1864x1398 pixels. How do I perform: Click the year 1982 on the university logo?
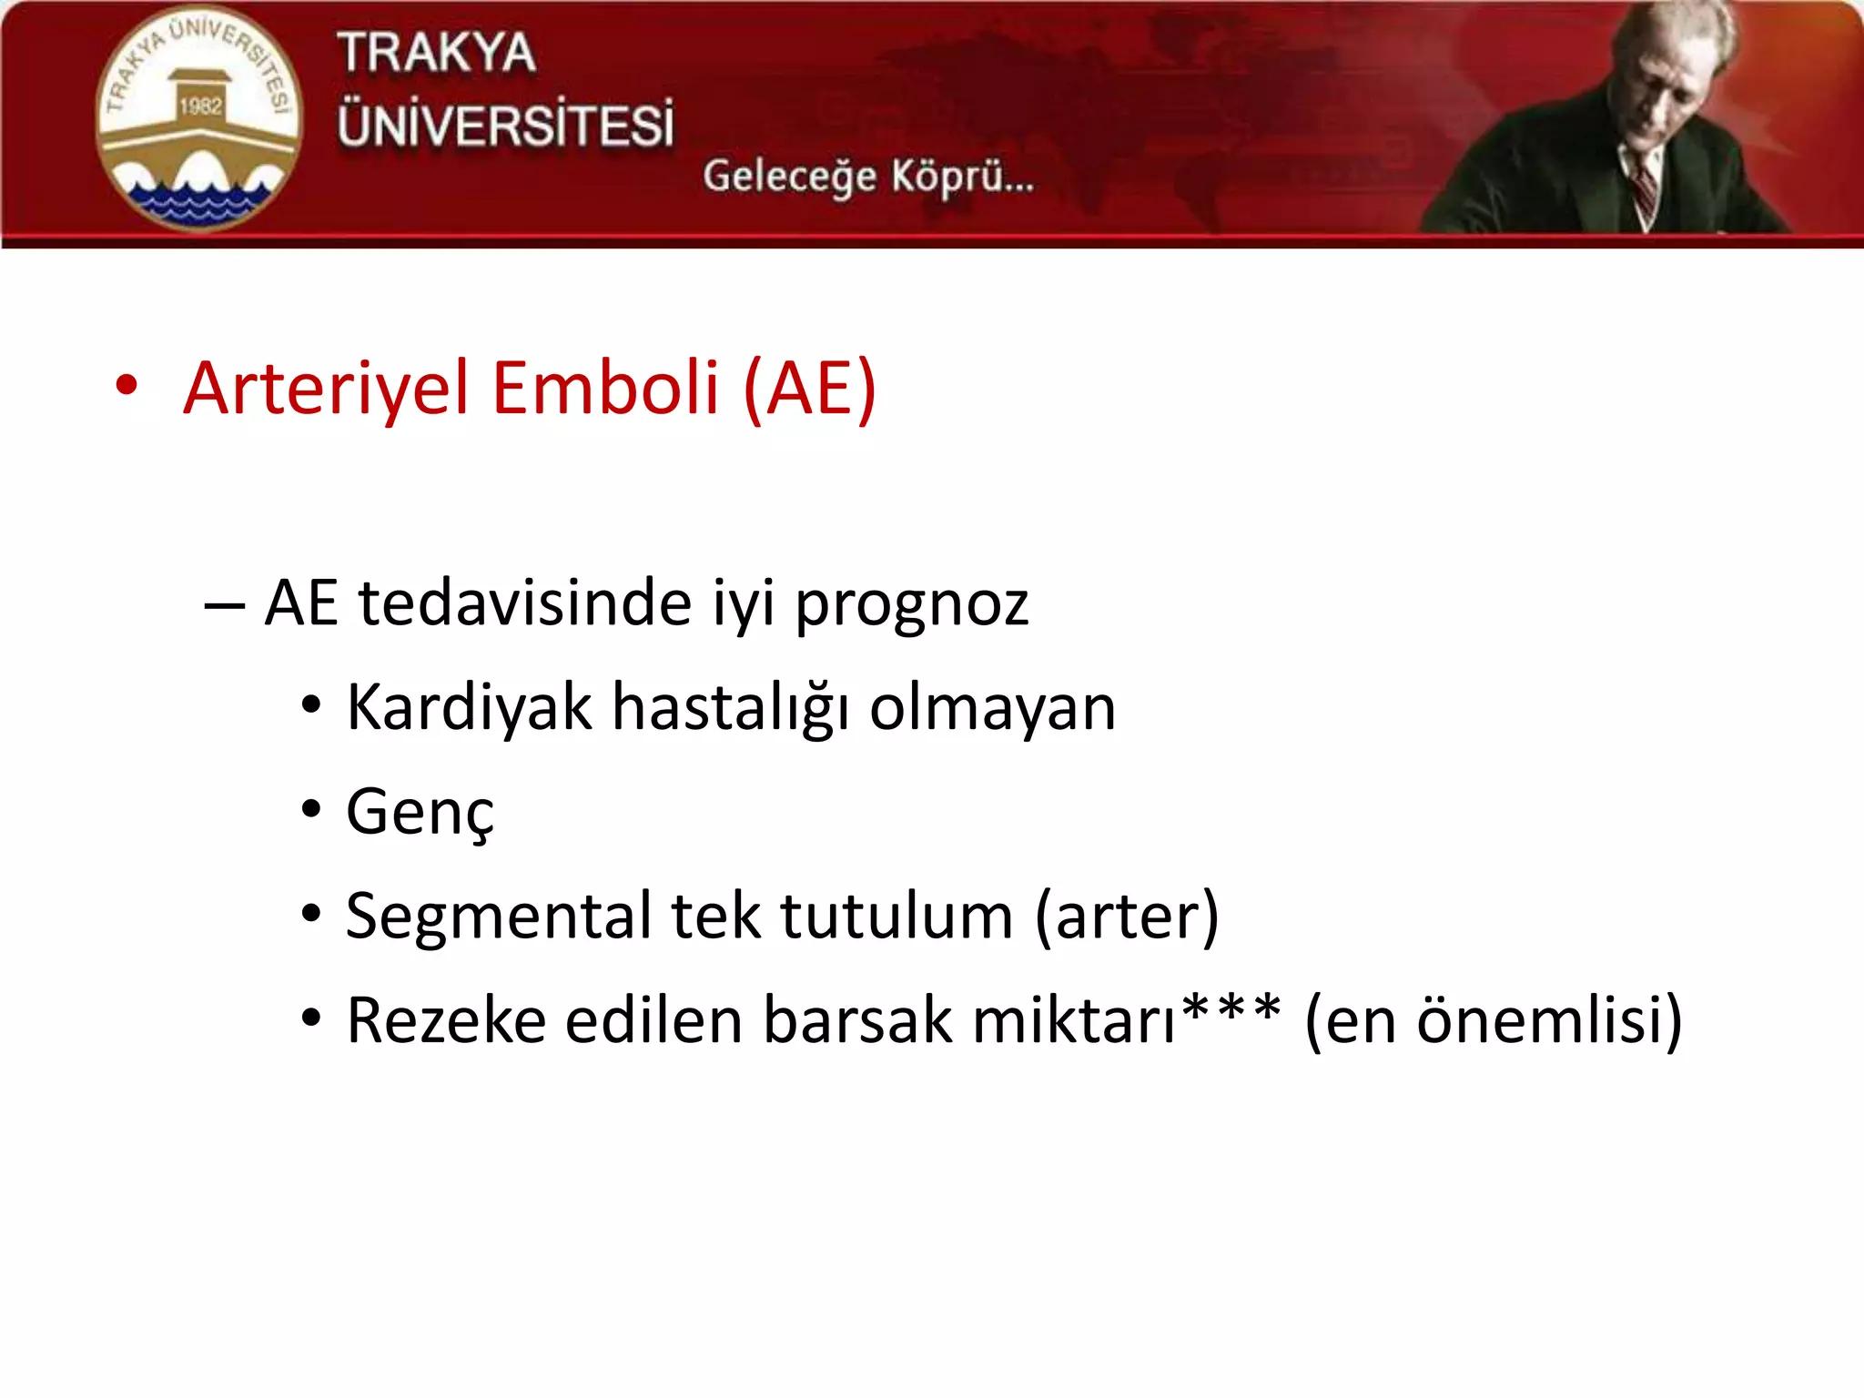(x=200, y=106)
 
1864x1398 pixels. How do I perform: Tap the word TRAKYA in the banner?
(x=436, y=53)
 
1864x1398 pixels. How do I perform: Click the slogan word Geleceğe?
(x=788, y=176)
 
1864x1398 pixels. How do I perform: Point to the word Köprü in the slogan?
(x=961, y=176)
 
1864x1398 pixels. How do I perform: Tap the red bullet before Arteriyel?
(x=127, y=385)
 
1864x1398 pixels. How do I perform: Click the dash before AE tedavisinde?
(x=224, y=604)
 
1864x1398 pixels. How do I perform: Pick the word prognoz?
(x=912, y=604)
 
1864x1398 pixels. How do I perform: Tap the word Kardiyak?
(x=469, y=708)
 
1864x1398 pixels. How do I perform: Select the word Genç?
(x=420, y=813)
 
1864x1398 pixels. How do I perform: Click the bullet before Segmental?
(x=311, y=913)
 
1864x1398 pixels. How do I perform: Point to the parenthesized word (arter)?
(x=1127, y=916)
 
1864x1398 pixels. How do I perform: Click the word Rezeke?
(x=445, y=1020)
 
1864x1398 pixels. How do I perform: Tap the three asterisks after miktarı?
(x=1231, y=1010)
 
